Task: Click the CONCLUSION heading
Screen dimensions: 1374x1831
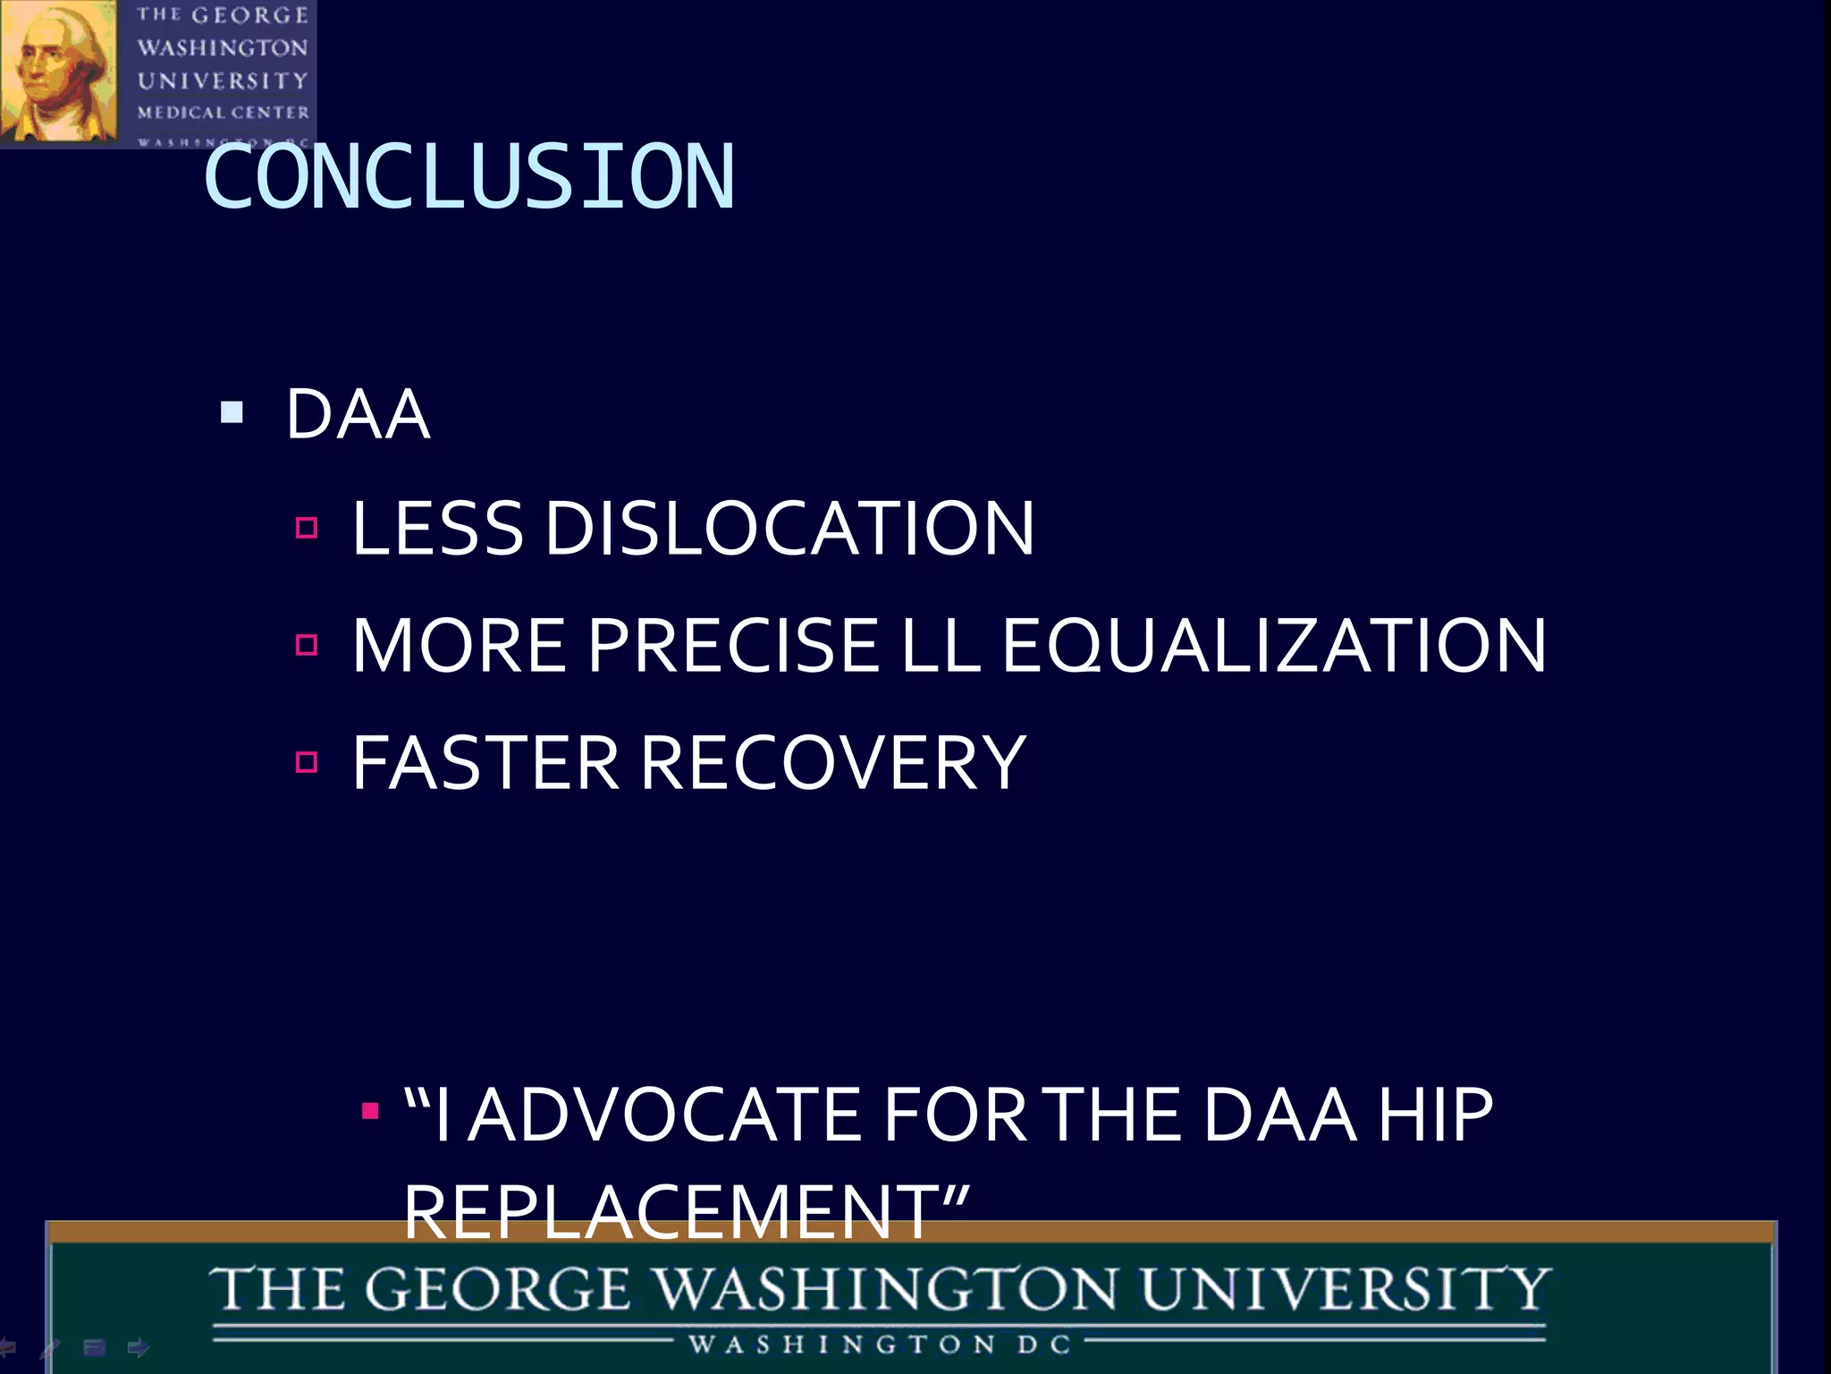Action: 469,177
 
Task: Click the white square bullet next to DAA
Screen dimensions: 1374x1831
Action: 232,412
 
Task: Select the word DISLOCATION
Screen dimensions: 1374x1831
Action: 789,528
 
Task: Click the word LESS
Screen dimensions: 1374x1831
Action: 437,528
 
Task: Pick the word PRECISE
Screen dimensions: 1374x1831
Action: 733,645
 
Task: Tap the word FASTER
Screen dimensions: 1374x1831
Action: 485,763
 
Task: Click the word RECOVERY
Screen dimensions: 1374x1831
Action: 833,763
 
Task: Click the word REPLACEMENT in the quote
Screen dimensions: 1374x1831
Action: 671,1212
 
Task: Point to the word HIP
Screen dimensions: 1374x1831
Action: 1435,1115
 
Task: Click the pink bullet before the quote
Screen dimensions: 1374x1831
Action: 370,1112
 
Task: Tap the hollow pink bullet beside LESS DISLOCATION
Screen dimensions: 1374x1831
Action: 307,527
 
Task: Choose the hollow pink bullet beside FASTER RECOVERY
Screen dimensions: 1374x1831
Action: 307,761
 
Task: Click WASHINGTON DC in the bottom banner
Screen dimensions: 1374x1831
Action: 880,1344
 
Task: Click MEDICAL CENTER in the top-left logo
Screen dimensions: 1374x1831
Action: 224,113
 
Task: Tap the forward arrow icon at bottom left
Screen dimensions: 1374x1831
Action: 139,1347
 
